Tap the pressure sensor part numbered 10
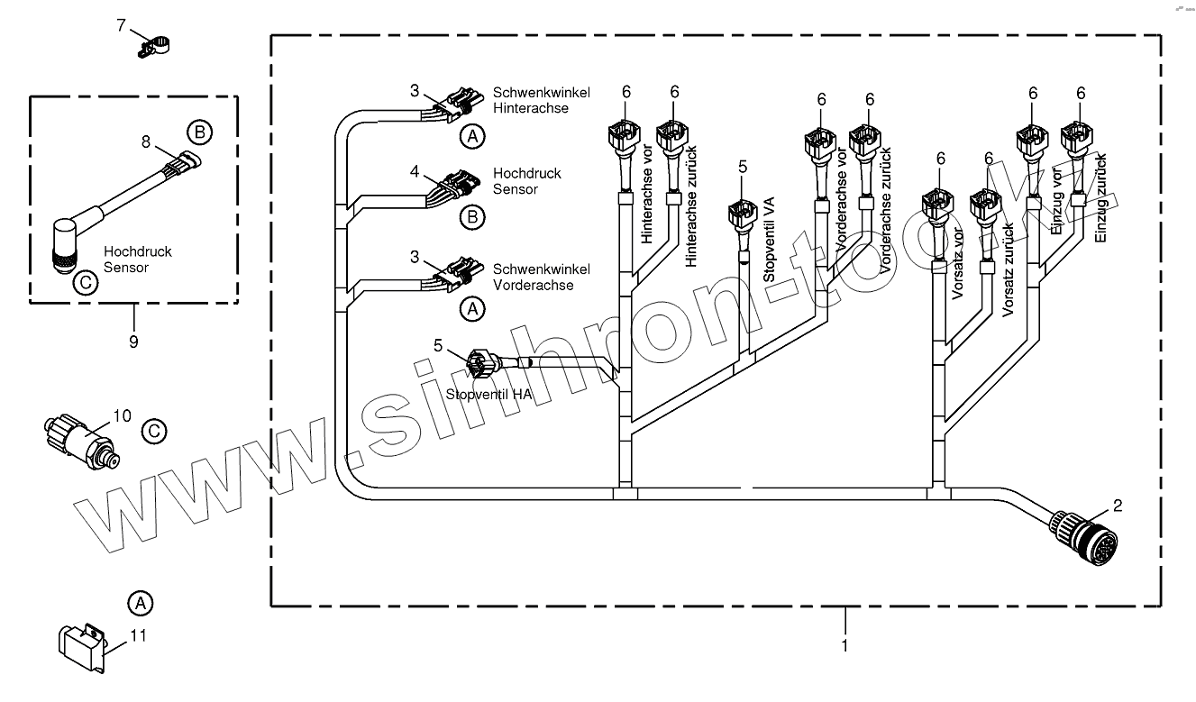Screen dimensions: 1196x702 point(78,435)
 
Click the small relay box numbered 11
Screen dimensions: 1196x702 point(83,644)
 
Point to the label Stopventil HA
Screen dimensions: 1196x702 point(488,394)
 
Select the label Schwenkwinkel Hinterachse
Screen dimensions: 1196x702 point(541,100)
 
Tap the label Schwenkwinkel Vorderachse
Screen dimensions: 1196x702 point(541,277)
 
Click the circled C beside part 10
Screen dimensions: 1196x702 point(155,432)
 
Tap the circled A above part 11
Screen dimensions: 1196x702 point(139,601)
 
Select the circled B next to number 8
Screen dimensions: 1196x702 point(199,132)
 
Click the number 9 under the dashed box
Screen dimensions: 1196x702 point(134,341)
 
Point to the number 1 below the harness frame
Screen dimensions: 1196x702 point(845,645)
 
